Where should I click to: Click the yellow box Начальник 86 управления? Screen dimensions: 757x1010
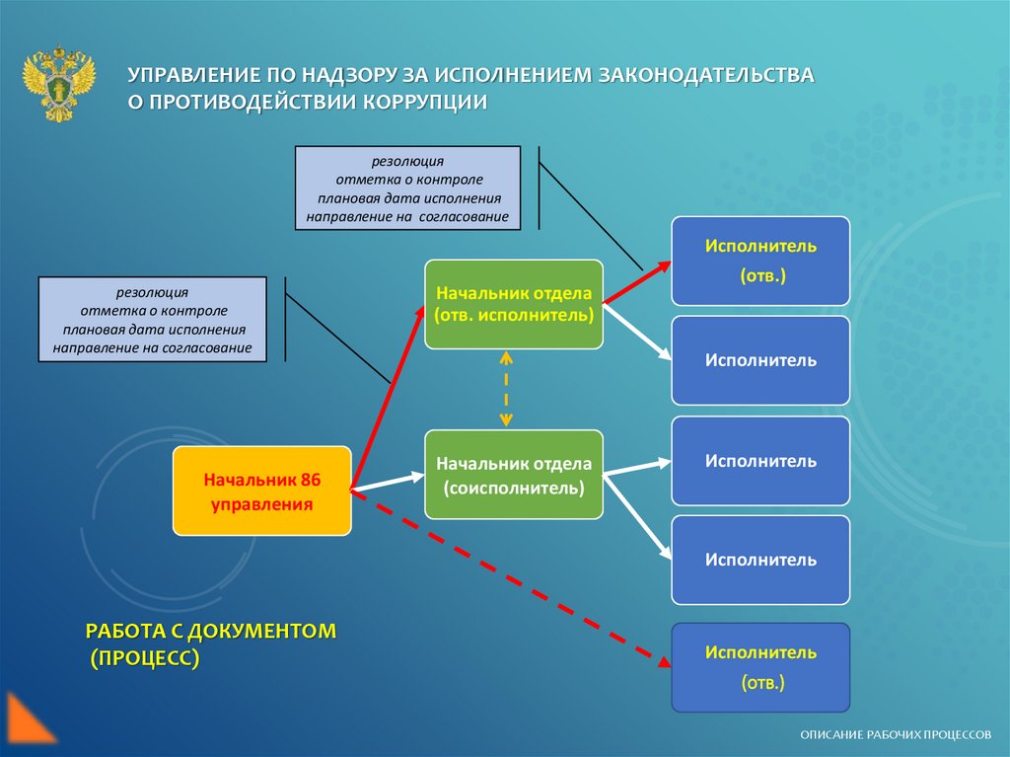261,492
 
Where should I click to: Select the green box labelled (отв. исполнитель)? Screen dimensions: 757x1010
513,304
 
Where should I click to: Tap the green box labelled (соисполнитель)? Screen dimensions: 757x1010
513,475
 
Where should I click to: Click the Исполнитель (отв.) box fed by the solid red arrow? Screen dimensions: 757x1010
759,261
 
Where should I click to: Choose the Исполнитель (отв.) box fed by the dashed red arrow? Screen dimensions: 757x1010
759,667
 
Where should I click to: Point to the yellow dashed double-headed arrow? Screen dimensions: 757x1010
506,389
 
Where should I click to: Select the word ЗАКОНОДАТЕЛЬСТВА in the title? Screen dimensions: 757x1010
703,75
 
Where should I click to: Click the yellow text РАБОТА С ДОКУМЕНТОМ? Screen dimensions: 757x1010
211,631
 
